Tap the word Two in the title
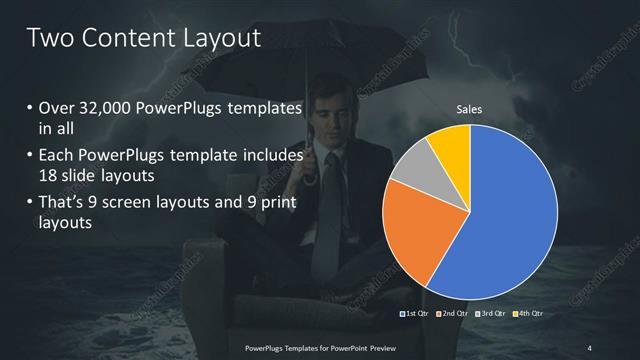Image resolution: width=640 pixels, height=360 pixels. point(48,38)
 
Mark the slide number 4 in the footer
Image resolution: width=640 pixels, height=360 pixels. point(590,347)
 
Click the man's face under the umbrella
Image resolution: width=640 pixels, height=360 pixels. point(330,120)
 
